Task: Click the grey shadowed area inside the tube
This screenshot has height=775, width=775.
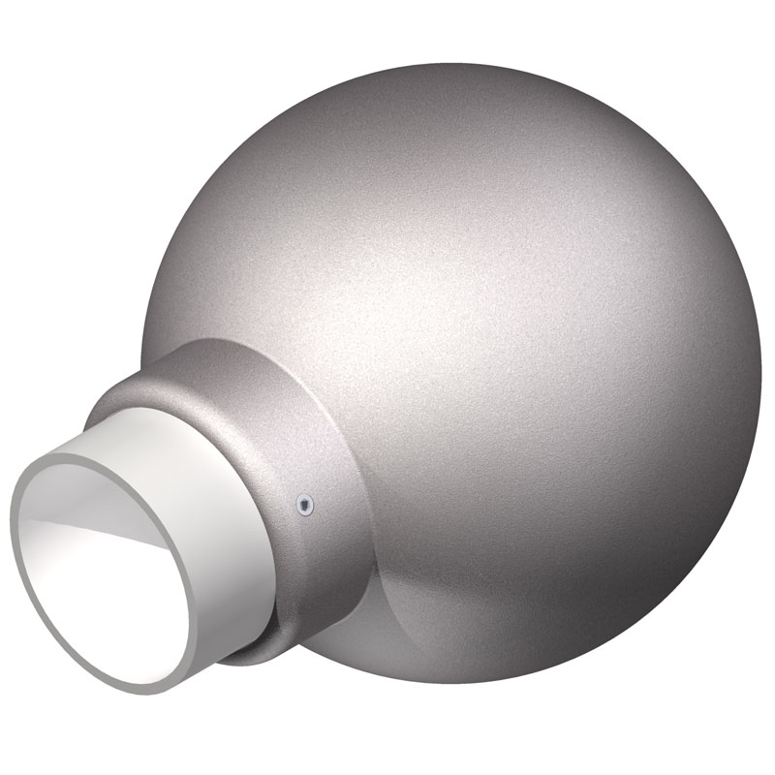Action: [x=87, y=504]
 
